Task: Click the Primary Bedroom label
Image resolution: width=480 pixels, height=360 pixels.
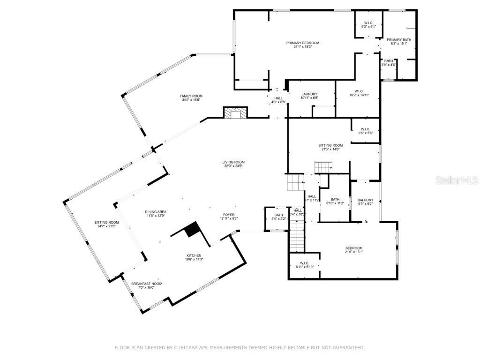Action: point(299,43)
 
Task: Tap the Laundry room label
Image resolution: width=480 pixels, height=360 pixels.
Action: point(309,94)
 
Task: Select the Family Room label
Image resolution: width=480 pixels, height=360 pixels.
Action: point(191,96)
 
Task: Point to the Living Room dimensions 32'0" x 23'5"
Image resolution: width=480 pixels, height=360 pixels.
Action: point(233,166)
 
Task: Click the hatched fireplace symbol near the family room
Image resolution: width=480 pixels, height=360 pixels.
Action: point(234,113)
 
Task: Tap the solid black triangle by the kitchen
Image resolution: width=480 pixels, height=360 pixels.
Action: point(193,230)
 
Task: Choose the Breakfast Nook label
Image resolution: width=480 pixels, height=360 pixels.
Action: point(146,284)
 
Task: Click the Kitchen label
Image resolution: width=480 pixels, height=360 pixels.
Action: point(194,255)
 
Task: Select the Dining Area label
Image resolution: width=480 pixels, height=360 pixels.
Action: point(156,212)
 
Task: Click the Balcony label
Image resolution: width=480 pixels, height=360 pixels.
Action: point(365,200)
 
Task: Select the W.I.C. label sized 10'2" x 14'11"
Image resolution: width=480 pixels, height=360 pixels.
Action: point(359,91)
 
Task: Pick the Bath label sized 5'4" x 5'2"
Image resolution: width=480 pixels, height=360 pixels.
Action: point(279,215)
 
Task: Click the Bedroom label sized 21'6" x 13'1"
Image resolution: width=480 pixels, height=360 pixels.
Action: point(354,248)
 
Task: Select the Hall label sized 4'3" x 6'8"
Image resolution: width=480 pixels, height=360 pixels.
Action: point(278,98)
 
